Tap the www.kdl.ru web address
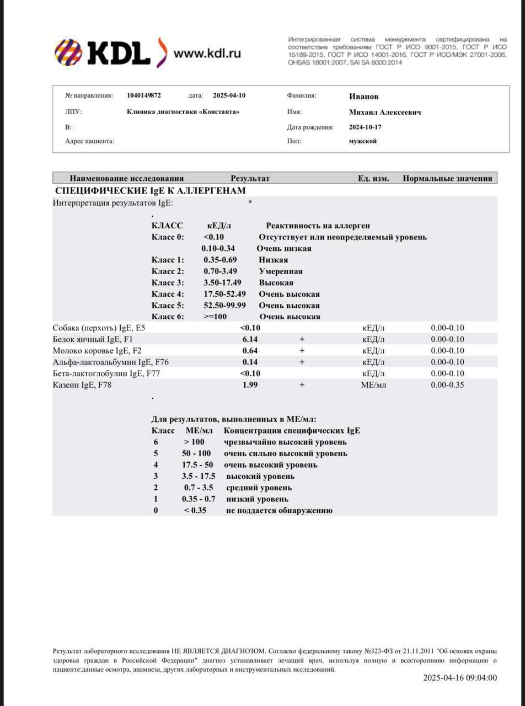pyautogui.click(x=207, y=54)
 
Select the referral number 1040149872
pyautogui.click(x=144, y=95)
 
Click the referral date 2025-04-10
pyautogui.click(x=229, y=95)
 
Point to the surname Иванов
pyautogui.click(x=363, y=97)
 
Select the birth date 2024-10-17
pyautogui.click(x=365, y=127)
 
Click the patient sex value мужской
pyautogui.click(x=363, y=141)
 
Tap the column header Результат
pyautogui.click(x=250, y=178)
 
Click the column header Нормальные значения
pyautogui.click(x=447, y=178)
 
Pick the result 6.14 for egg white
pyautogui.click(x=250, y=339)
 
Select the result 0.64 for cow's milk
pyautogui.click(x=250, y=351)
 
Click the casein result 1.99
pyautogui.click(x=250, y=385)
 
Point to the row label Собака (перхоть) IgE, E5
pyautogui.click(x=99, y=328)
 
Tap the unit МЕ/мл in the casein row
pyautogui.click(x=373, y=385)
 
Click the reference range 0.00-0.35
pyautogui.click(x=447, y=385)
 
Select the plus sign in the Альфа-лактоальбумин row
pyautogui.click(x=302, y=362)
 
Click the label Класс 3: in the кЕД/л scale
pyautogui.click(x=168, y=283)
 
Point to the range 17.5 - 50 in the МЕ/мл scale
pyautogui.click(x=197, y=465)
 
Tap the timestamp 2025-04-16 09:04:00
pyautogui.click(x=460, y=678)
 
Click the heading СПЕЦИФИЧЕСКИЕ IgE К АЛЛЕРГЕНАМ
pyautogui.click(x=151, y=191)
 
